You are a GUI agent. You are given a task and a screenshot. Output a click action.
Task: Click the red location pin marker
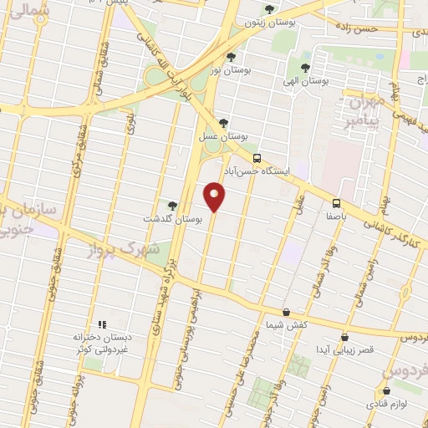(215, 196)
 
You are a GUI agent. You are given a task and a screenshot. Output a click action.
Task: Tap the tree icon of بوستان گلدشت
(172, 205)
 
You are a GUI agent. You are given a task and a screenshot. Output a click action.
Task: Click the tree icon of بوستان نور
(231, 57)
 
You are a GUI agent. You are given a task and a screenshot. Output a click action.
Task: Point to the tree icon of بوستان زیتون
(268, 10)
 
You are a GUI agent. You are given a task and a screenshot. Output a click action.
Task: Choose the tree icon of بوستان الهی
(305, 67)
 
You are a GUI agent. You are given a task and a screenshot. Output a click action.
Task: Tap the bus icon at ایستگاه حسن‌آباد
(257, 157)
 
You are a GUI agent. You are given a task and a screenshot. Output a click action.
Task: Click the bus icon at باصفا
(336, 203)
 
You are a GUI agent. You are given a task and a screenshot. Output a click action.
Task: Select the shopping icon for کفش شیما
(286, 312)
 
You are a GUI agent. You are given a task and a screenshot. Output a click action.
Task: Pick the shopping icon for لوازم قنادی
(385, 390)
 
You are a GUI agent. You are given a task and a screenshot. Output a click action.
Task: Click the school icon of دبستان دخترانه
(102, 324)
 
